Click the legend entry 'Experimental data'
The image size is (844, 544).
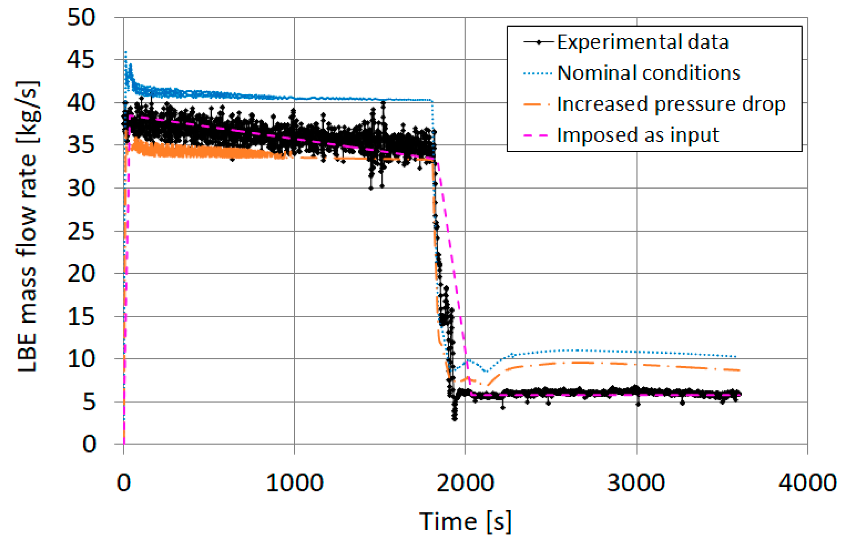pos(643,42)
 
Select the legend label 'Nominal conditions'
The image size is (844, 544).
pos(649,73)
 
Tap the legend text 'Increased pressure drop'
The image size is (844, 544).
pos(671,104)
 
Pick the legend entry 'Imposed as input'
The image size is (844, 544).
pos(638,135)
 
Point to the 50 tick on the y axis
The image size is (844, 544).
pos(82,18)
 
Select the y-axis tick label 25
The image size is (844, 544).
pos(82,231)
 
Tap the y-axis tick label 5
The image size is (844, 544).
pos(89,402)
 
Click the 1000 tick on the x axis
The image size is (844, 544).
pos(295,483)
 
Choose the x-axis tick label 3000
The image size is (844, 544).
pos(636,483)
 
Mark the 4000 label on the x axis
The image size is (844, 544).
pos(807,483)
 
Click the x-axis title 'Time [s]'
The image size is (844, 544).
pos(465,521)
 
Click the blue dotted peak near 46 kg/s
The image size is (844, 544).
pos(125,52)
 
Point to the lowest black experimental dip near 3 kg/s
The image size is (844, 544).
pos(454,417)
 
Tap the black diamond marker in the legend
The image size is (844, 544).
pos(539,42)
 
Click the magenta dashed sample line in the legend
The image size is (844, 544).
pos(537,135)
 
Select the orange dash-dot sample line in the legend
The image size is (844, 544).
pos(537,104)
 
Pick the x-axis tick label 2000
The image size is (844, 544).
pos(465,483)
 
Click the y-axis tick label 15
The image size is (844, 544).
pos(82,317)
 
